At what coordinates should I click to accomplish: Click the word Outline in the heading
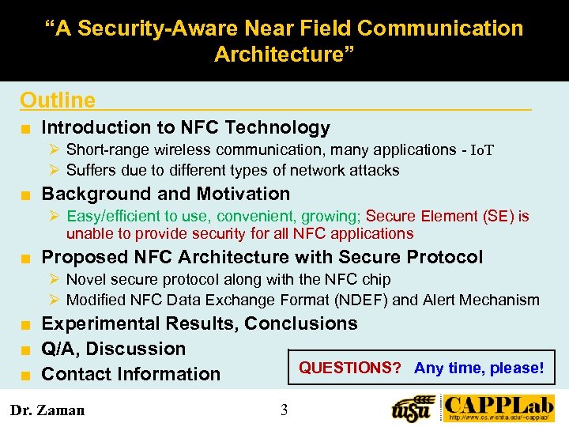[x=58, y=100]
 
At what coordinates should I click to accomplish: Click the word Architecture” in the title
[x=284, y=55]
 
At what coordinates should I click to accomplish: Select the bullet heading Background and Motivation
[x=165, y=194]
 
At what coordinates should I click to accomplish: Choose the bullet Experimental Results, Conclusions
[x=199, y=323]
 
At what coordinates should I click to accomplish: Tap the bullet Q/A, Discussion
[x=113, y=349]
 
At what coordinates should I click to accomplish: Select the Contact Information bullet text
[x=130, y=374]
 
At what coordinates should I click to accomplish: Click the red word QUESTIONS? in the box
[x=349, y=368]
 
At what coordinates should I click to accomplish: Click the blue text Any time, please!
[x=479, y=368]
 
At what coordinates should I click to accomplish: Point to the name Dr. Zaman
[x=47, y=410]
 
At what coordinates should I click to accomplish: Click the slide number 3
[x=284, y=410]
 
